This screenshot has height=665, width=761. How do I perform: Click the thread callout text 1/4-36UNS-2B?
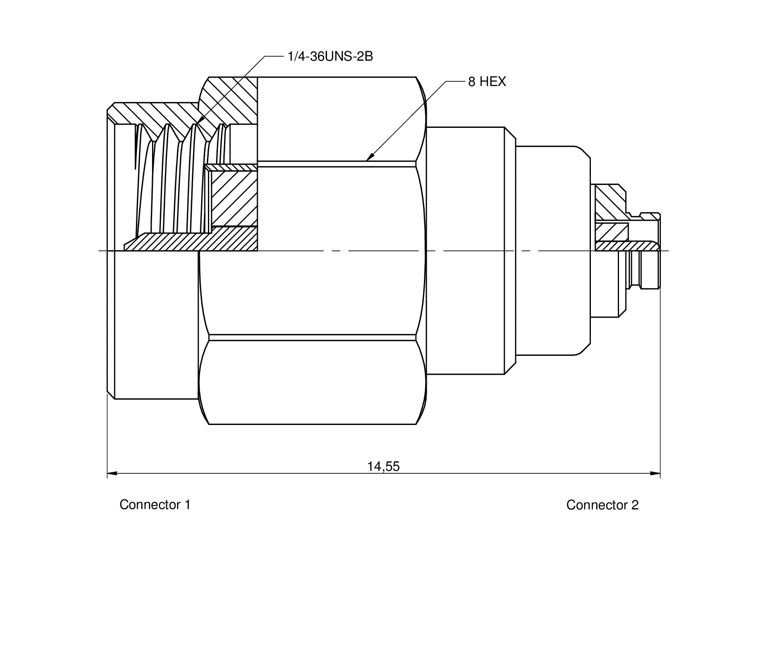330,57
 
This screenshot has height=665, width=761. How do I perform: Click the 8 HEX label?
487,82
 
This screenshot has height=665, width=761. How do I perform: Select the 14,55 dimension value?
383,466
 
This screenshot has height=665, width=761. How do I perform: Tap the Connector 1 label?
155,505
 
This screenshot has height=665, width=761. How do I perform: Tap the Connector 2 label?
602,505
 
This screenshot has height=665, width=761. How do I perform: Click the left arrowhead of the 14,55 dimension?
112,473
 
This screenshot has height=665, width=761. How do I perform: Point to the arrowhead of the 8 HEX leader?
369,158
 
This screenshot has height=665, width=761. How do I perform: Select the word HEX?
493,82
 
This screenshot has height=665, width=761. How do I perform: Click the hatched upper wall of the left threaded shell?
153,113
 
